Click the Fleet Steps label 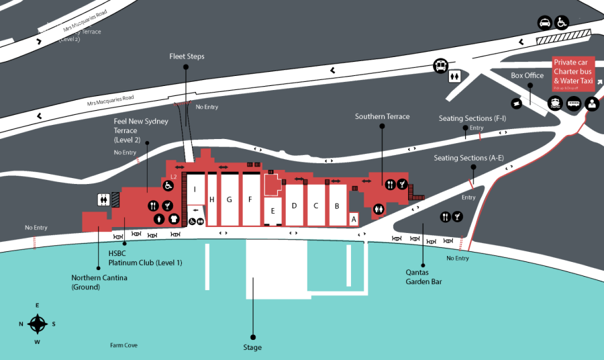click(x=187, y=56)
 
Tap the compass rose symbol click(x=38, y=324)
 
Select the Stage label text click(x=252, y=347)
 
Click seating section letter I click(x=195, y=189)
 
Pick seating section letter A click(x=353, y=218)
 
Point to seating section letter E click(x=272, y=211)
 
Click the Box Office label click(x=527, y=76)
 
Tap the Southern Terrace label click(x=382, y=117)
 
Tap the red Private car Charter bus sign click(x=573, y=73)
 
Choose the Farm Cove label click(x=124, y=345)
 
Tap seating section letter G click(x=229, y=199)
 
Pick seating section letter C click(x=315, y=206)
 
